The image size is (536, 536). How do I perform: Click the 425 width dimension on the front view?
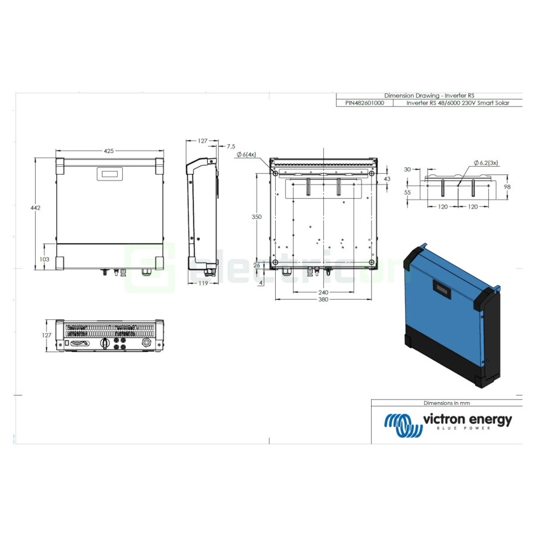(108, 151)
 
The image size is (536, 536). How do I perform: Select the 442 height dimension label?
(35, 207)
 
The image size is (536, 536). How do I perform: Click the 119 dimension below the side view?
(203, 283)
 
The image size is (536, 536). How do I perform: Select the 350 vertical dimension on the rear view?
(256, 217)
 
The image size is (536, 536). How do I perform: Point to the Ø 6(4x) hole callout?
(246, 155)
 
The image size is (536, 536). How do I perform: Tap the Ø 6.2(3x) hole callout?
(486, 163)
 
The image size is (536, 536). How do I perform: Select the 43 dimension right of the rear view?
(387, 179)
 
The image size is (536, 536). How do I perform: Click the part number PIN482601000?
(364, 102)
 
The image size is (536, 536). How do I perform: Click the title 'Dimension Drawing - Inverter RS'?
(429, 95)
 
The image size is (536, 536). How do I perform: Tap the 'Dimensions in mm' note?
(446, 403)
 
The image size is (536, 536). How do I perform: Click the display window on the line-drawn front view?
(109, 174)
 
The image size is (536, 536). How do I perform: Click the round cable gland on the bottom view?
(145, 344)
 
